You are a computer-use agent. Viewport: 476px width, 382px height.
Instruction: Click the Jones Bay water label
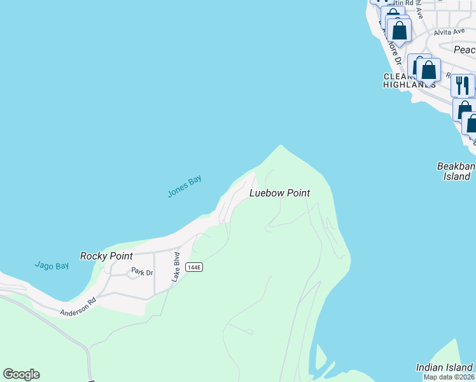coord(185,186)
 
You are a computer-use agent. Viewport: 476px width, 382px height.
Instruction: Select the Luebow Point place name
coord(279,193)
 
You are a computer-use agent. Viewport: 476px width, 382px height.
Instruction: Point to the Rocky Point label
coord(106,256)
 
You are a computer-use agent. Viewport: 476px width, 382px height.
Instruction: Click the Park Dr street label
coord(142,272)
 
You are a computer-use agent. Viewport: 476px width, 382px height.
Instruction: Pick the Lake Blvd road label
coord(176,267)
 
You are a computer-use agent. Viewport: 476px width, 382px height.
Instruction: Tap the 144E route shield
coord(194,267)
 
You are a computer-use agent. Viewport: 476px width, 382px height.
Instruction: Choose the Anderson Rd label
coord(78,307)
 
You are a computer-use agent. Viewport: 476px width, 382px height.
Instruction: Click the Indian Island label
coord(444,367)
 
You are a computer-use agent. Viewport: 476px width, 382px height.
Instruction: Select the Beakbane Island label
coord(457,171)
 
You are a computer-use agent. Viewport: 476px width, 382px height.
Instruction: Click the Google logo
coord(21,374)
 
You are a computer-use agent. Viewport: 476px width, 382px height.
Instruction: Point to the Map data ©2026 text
coord(449,377)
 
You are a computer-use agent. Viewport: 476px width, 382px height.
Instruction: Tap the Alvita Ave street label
coord(449,31)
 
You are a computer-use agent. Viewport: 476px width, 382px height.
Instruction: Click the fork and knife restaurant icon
coord(463,85)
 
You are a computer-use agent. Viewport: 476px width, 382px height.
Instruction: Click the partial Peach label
coord(464,50)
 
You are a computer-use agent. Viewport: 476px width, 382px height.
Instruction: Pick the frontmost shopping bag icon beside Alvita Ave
coord(399,30)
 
